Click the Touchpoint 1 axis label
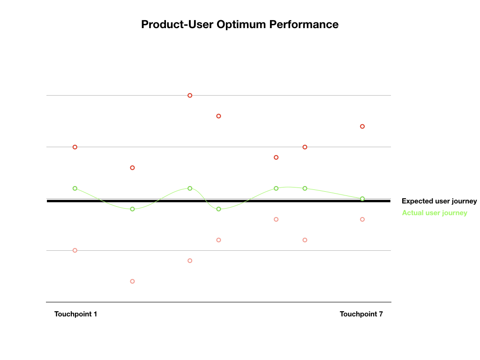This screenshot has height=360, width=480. pyautogui.click(x=75, y=314)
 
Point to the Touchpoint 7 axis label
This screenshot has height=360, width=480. pyautogui.click(x=361, y=314)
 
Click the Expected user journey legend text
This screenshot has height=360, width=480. pyautogui.click(x=439, y=201)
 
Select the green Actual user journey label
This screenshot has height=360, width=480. pyautogui.click(x=435, y=213)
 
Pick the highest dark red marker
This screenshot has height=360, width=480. pyautogui.click(x=190, y=95)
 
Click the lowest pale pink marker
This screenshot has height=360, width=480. pyautogui.click(x=132, y=281)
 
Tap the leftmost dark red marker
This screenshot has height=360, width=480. pyautogui.click(x=75, y=147)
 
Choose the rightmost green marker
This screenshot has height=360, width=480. pyautogui.click(x=362, y=199)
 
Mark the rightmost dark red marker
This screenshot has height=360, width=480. pyautogui.click(x=362, y=126)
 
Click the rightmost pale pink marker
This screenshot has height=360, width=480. pyautogui.click(x=362, y=219)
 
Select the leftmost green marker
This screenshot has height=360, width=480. pyautogui.click(x=75, y=188)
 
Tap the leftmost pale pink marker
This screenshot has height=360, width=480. pyautogui.click(x=75, y=250)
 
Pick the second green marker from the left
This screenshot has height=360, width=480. pyautogui.click(x=132, y=209)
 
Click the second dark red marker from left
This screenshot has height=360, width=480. pyautogui.click(x=132, y=167)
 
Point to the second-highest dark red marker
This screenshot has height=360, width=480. pyautogui.click(x=218, y=116)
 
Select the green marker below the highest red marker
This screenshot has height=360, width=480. pyautogui.click(x=190, y=188)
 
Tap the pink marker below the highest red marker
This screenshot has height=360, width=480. pyautogui.click(x=190, y=261)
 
